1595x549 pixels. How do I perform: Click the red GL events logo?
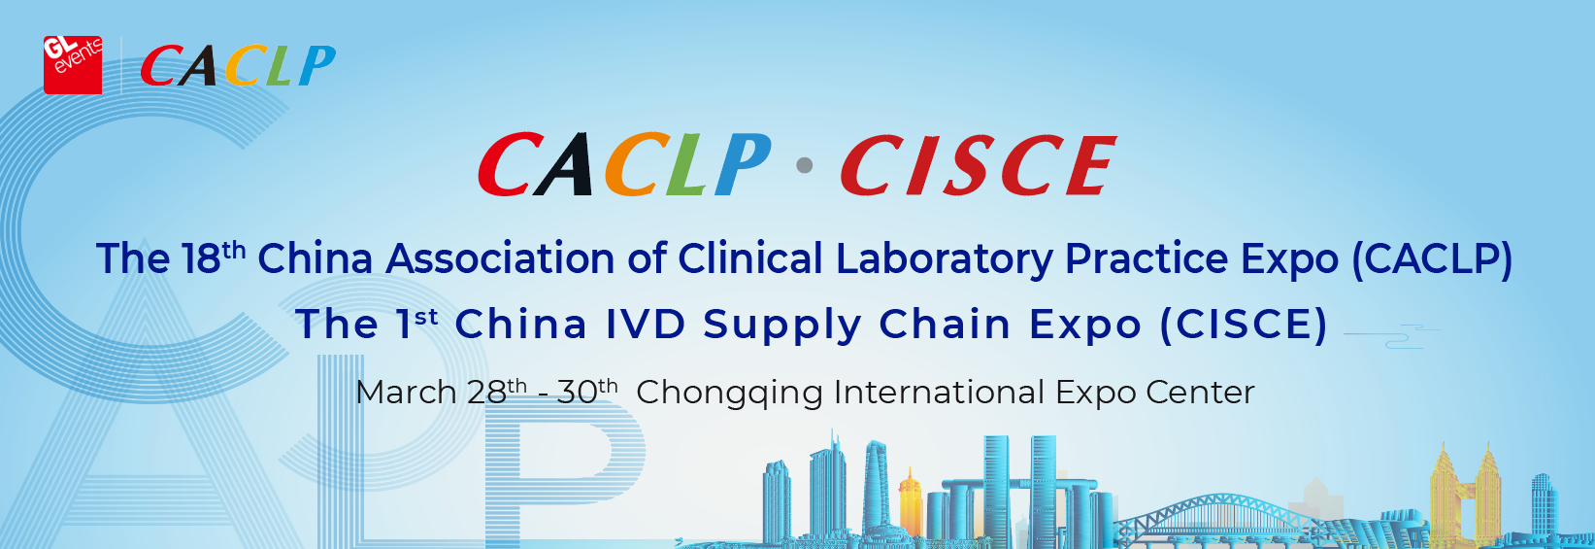73,65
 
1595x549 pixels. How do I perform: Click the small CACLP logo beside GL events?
238,66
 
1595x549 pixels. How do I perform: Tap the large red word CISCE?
979,165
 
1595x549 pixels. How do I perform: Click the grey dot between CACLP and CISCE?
805,165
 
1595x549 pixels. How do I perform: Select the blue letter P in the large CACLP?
743,164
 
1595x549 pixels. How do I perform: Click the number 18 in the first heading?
201,258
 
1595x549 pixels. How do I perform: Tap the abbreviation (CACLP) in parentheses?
1432,259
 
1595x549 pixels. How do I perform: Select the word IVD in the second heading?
646,324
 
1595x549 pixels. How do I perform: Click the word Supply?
782,326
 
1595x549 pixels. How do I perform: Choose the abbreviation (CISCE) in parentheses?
1244,325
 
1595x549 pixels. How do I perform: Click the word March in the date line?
406,393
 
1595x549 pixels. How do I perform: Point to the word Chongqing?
729,394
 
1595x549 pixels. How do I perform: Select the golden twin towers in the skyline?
1466,495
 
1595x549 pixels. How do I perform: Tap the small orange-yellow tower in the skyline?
910,501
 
